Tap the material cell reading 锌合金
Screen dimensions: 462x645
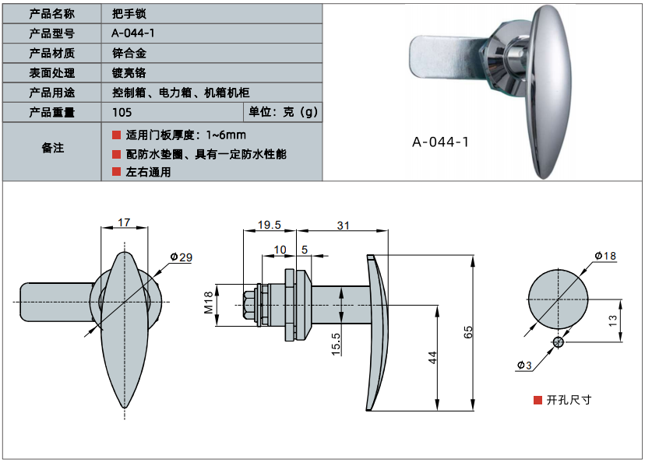129,54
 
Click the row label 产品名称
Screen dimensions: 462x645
51,14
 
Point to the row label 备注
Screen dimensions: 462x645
51,148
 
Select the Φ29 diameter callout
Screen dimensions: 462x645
180,258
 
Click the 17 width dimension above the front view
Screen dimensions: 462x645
124,222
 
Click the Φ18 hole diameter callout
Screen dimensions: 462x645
604,256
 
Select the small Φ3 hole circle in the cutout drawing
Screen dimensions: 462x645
559,342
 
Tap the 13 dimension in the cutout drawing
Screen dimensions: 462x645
612,320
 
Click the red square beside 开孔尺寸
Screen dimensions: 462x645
537,400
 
